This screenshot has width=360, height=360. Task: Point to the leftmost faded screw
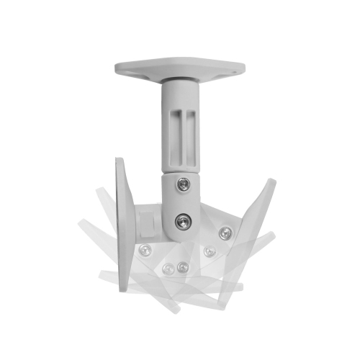click(x=145, y=250)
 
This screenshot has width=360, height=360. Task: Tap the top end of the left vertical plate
click(x=120, y=160)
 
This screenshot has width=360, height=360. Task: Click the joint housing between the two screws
click(x=183, y=203)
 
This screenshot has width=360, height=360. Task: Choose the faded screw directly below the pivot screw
click(x=181, y=267)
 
